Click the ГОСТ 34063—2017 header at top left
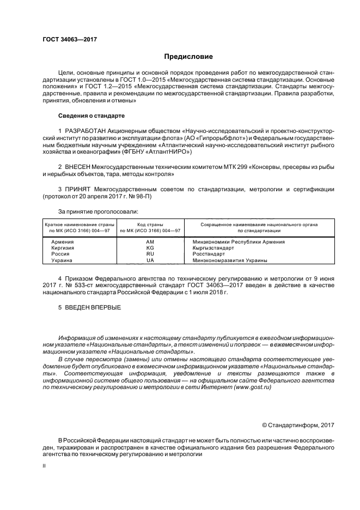coord(66,40)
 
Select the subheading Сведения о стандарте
coord(91,116)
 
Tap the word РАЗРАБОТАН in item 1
coord(88,132)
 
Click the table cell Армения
coord(63,241)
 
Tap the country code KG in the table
coord(150,248)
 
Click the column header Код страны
coord(150,224)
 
